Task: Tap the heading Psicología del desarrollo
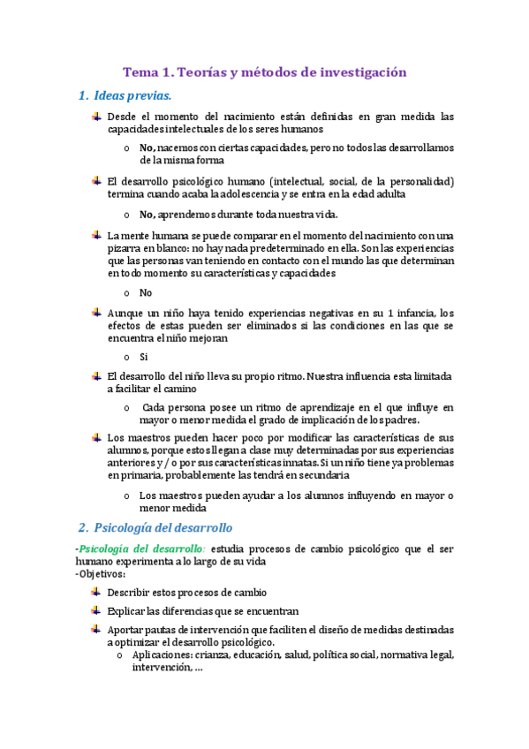[x=162, y=527]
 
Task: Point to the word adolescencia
[x=262, y=193]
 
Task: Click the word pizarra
[x=126, y=248]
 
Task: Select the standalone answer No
[x=146, y=293]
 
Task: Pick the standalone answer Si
[x=144, y=357]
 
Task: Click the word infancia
[x=415, y=313]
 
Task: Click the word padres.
[x=400, y=420]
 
